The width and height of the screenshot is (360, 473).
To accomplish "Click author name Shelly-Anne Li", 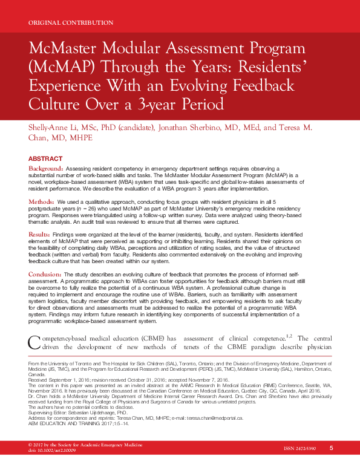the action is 54,127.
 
